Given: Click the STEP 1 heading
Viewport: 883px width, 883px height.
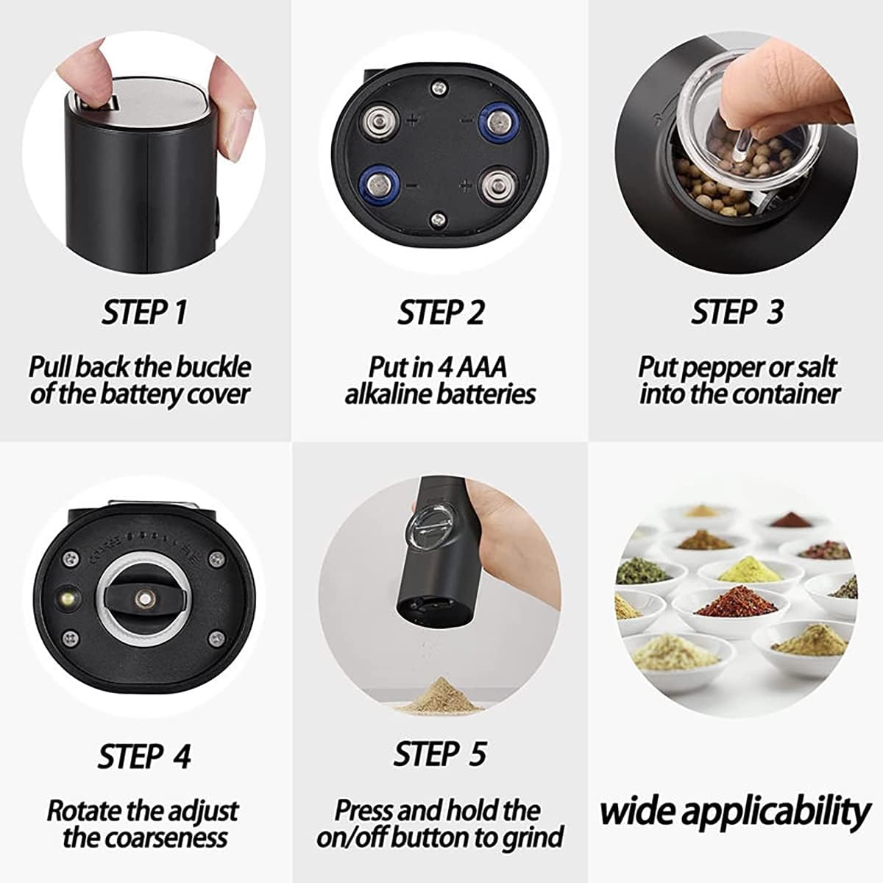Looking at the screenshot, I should click(x=144, y=312).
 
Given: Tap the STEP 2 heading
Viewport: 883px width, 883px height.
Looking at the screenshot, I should click(x=441, y=312).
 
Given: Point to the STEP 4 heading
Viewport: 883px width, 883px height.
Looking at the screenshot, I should click(x=144, y=756).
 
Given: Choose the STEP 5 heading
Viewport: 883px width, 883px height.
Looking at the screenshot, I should click(x=440, y=754).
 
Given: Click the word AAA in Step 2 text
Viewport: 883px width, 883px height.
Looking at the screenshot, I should click(x=481, y=366).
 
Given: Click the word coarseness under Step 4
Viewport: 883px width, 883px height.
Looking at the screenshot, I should click(x=166, y=837).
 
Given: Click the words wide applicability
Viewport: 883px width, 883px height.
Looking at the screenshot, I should click(x=735, y=812).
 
